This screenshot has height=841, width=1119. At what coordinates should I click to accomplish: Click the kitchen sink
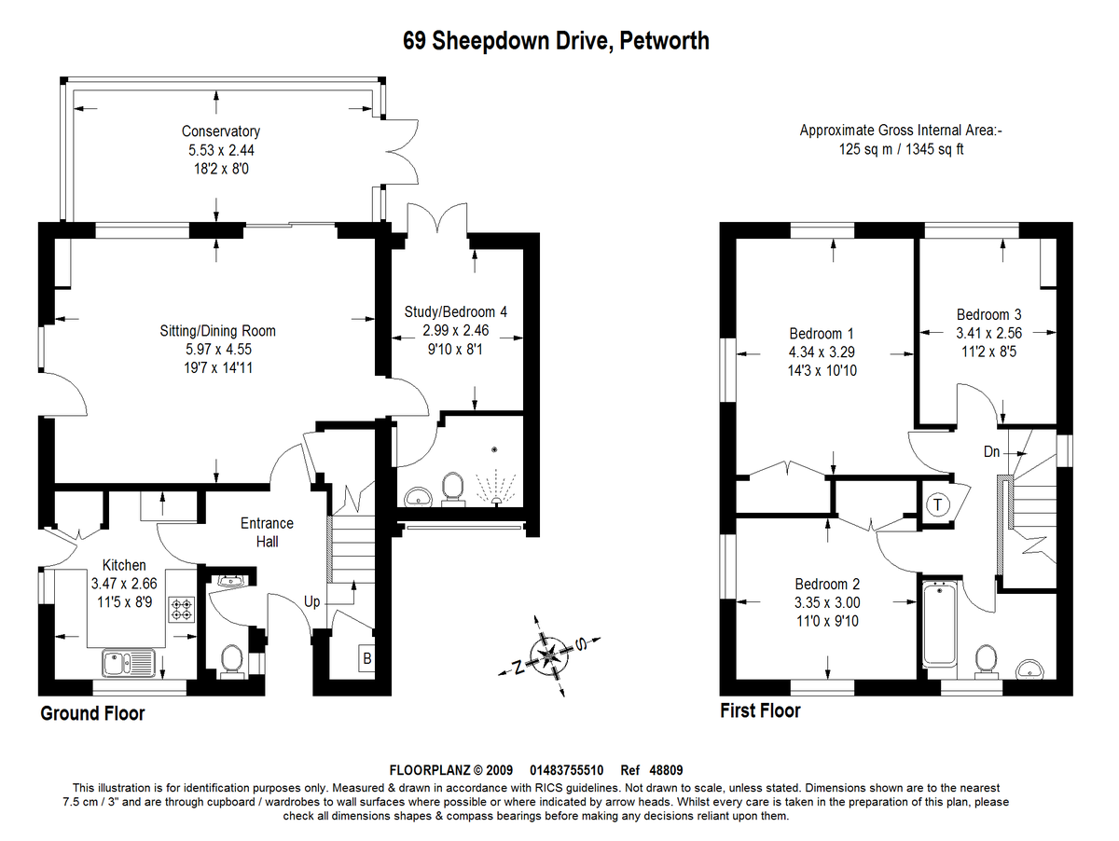click(129, 663)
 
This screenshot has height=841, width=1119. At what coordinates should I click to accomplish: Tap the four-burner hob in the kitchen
click(182, 610)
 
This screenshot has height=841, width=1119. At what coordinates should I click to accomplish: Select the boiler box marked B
click(366, 658)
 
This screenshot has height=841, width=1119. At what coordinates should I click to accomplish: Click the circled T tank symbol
click(937, 504)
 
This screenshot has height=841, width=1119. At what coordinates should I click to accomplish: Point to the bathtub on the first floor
click(940, 625)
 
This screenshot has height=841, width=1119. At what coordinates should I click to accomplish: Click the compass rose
click(549, 655)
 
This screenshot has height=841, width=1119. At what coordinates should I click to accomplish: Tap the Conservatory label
click(221, 131)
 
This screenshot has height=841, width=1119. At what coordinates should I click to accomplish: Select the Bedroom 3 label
click(988, 314)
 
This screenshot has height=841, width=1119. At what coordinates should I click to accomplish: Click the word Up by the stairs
click(312, 602)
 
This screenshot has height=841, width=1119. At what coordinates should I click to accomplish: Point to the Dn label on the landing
click(991, 451)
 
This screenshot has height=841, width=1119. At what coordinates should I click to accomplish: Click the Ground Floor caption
click(92, 713)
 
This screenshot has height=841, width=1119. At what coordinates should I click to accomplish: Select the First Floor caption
click(760, 710)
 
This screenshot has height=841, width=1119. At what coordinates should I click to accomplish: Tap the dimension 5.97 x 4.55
click(218, 349)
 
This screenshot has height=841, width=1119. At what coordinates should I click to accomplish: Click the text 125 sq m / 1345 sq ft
click(902, 149)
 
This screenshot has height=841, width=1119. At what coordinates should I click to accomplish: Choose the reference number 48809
click(666, 770)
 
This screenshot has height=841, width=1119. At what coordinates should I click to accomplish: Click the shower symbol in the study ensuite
click(495, 488)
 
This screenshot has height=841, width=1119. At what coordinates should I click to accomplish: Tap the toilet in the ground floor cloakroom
click(232, 661)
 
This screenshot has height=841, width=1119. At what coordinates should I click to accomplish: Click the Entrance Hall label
click(267, 532)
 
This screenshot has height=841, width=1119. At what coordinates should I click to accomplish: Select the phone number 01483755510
click(566, 770)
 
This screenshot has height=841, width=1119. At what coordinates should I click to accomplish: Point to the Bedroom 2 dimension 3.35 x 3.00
click(827, 602)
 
